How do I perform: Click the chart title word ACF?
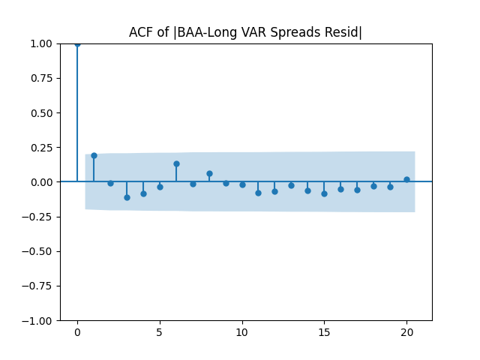[141, 32]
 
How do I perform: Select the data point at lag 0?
[77, 43]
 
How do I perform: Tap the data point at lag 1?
[94, 155]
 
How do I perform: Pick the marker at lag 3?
[127, 197]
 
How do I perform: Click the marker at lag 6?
[176, 163]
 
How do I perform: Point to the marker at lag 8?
[209, 173]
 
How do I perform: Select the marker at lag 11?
[258, 193]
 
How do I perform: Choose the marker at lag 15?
[324, 193]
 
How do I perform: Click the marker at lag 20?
[406, 179]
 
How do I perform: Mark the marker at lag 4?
[143, 193]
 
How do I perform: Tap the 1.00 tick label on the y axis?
[42, 43]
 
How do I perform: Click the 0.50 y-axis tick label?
[42, 112]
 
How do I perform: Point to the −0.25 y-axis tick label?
[39, 251]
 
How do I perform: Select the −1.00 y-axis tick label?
[39, 320]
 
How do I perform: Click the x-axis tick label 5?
[160, 331]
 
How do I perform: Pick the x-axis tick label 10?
[242, 331]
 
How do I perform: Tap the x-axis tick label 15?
[324, 331]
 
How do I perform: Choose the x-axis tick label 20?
[406, 331]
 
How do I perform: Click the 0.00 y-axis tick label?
[42, 182]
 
